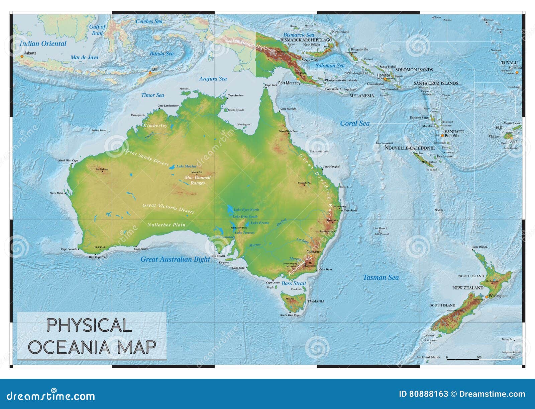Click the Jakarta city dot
pos(22,56)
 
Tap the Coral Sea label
pos(355,123)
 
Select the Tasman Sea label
pos(381,277)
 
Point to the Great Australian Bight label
pos(175,259)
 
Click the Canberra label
pos(314,252)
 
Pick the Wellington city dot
pos(487,296)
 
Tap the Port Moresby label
pos(289,83)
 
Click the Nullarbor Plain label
pos(166,225)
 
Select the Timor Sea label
pos(152,95)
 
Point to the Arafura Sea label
pos(213,79)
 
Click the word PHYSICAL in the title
pos(89,325)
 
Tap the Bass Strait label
pos(294,283)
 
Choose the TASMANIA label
pos(316,301)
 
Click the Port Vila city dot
pos(442,136)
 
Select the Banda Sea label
pos(162,54)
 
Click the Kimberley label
pos(155,126)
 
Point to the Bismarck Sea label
pos(299,35)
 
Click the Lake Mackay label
pos(187,166)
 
